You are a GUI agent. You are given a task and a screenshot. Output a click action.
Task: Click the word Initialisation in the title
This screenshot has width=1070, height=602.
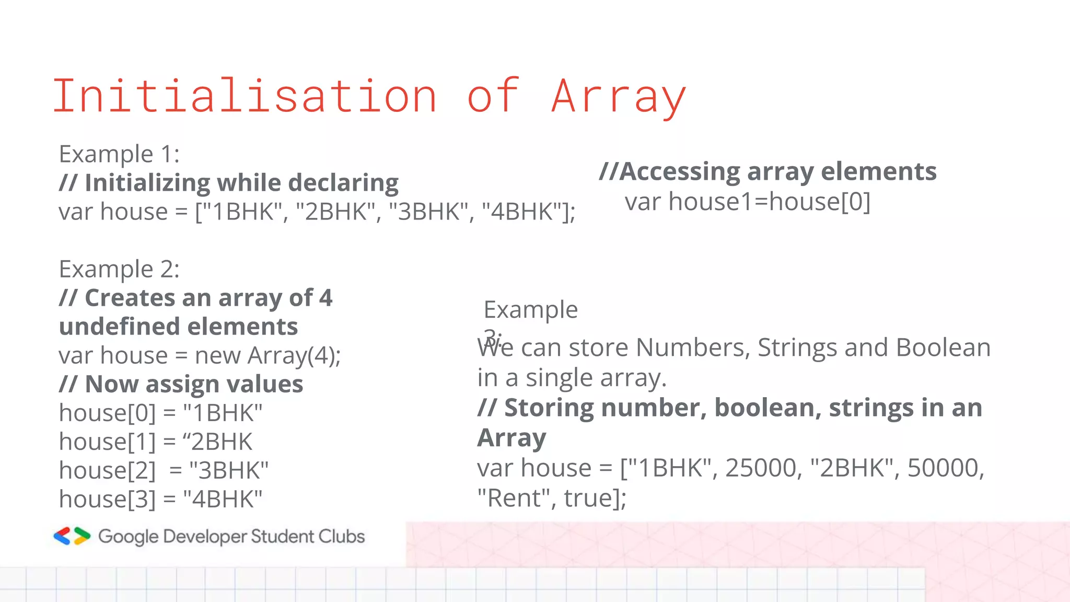coord(245,96)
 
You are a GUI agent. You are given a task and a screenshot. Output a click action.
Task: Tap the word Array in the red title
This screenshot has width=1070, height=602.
coord(619,97)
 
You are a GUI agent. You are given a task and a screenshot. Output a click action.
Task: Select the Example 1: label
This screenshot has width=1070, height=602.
coord(119,154)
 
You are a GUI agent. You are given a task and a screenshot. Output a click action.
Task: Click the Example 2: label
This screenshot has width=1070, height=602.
coord(119,269)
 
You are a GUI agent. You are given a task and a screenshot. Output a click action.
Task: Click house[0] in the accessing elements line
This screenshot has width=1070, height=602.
coord(820,202)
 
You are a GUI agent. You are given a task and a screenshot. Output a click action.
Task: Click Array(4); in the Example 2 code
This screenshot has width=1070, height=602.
coord(294,356)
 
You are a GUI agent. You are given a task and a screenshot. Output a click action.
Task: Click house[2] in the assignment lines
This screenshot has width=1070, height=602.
coord(107,470)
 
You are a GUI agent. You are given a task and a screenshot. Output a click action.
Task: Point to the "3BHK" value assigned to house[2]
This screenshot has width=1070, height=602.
coord(229,470)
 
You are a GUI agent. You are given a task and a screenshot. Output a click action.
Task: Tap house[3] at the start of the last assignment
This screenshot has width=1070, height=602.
coord(107,499)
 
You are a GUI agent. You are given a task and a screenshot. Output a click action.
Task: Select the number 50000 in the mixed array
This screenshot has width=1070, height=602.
coord(945,468)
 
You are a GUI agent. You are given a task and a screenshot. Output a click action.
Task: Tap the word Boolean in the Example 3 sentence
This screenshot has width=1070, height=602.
coord(943,348)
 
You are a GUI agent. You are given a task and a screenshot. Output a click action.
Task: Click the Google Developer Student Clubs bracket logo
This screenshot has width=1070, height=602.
coord(72,536)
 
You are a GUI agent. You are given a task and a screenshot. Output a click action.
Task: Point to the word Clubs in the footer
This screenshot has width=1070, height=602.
coord(342,536)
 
